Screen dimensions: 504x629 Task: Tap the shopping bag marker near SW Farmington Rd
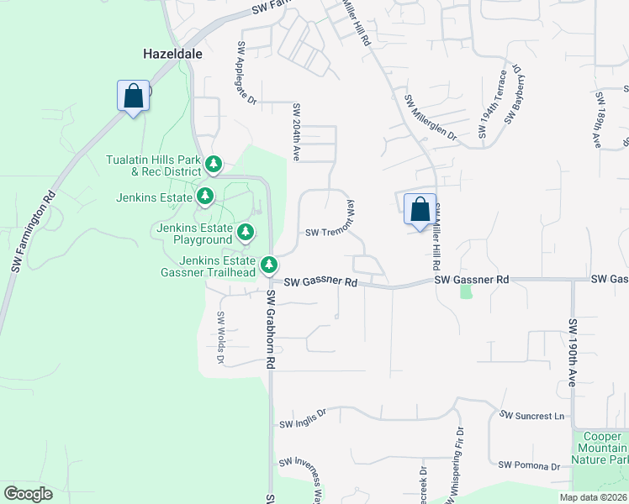(x=133, y=95)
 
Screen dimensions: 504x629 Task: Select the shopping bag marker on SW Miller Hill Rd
(x=420, y=208)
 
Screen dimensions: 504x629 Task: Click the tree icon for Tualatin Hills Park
(x=214, y=163)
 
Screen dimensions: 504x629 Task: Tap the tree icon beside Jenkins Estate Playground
(x=245, y=231)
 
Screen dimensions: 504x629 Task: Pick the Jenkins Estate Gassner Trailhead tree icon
(x=269, y=265)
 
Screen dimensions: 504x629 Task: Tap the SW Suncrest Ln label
(x=531, y=415)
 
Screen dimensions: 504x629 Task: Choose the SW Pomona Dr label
(x=529, y=465)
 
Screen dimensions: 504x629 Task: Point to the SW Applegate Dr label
(x=246, y=73)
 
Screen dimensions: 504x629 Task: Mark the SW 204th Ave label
(x=296, y=132)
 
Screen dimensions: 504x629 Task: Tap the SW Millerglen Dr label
(x=430, y=118)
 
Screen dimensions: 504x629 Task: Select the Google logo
(x=27, y=494)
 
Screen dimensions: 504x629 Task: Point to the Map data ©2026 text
(x=593, y=497)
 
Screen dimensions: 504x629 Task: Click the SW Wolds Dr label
(x=221, y=338)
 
